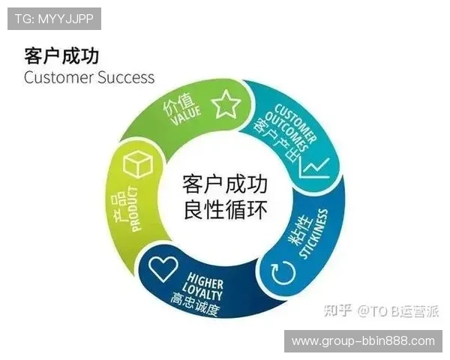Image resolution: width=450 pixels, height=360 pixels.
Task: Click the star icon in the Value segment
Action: pos(225,104)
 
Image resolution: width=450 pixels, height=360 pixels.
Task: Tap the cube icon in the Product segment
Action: pos(137,164)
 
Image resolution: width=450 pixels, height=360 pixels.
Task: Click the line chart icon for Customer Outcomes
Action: pos(313,166)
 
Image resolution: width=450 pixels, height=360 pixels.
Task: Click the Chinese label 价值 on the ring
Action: pos(177,106)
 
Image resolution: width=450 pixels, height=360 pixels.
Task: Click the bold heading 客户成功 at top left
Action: pos(61,56)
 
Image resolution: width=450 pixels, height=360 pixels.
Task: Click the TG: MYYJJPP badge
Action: pos(54,18)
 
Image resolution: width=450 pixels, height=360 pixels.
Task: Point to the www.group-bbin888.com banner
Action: pos(363,341)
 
